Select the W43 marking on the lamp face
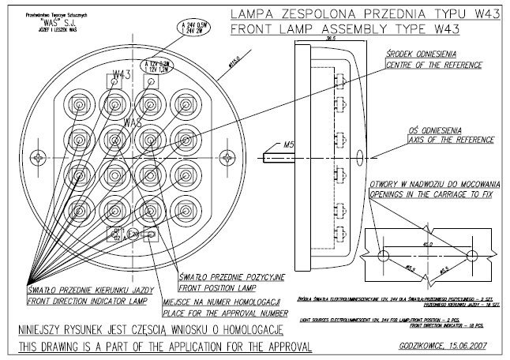click(122, 76)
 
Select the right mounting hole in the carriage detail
click(473, 257)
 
